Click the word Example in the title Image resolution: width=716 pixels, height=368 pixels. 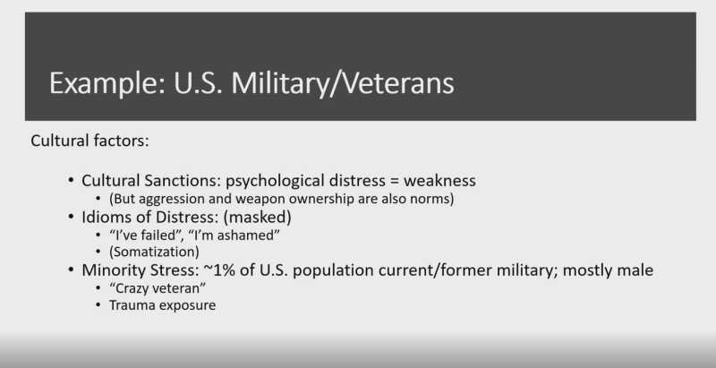(x=107, y=83)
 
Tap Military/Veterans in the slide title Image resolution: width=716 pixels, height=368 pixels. (x=343, y=83)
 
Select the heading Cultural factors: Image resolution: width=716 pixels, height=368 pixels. (x=90, y=141)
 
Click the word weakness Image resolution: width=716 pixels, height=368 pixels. (x=439, y=180)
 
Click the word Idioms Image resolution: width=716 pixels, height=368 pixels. (x=106, y=217)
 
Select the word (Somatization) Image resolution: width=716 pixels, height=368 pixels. (x=154, y=252)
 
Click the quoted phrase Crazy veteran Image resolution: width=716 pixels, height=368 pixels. (x=158, y=288)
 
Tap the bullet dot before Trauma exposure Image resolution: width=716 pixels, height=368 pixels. (x=98, y=304)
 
